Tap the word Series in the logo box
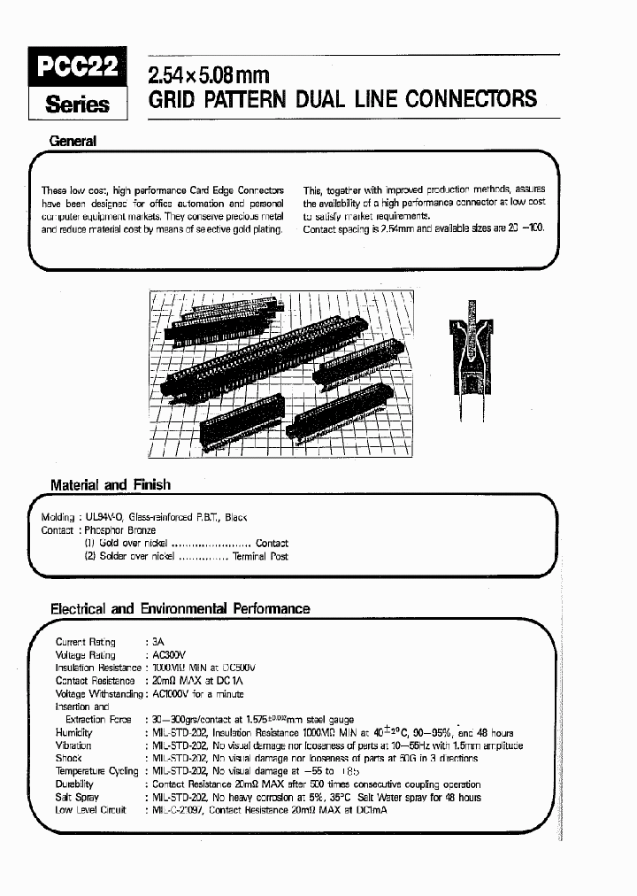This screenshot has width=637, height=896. click(x=78, y=104)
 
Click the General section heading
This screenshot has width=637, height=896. click(x=73, y=141)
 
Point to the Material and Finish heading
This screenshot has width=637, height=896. click(x=111, y=484)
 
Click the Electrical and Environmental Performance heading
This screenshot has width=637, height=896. click(x=180, y=608)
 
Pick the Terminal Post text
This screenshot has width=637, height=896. click(x=260, y=557)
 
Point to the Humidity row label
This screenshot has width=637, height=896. click(x=73, y=733)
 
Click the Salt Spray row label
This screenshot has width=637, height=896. click(x=77, y=798)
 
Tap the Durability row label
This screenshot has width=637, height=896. click(x=74, y=784)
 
